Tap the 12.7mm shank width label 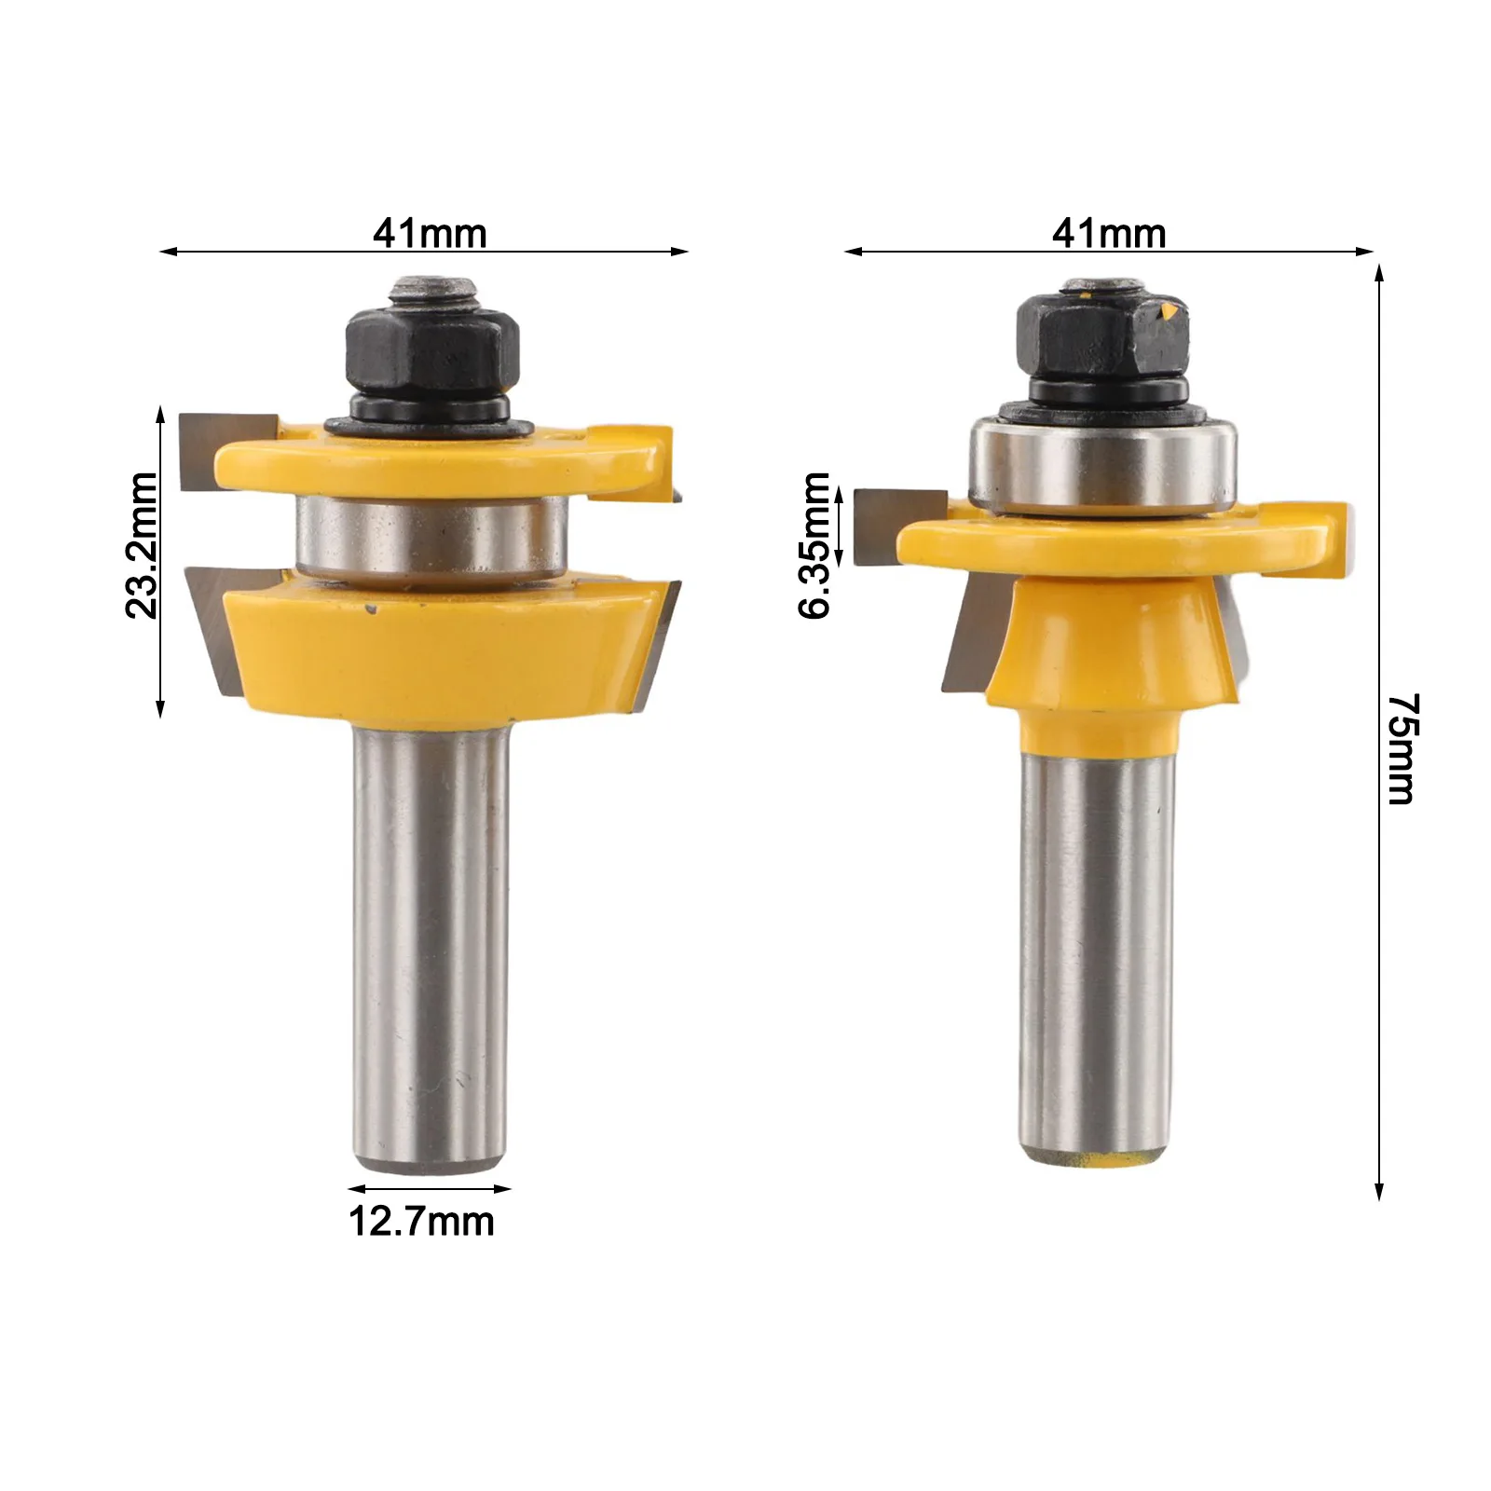421,1221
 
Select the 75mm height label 1402,748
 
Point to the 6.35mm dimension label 814,545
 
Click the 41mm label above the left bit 430,234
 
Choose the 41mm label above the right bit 1109,234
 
